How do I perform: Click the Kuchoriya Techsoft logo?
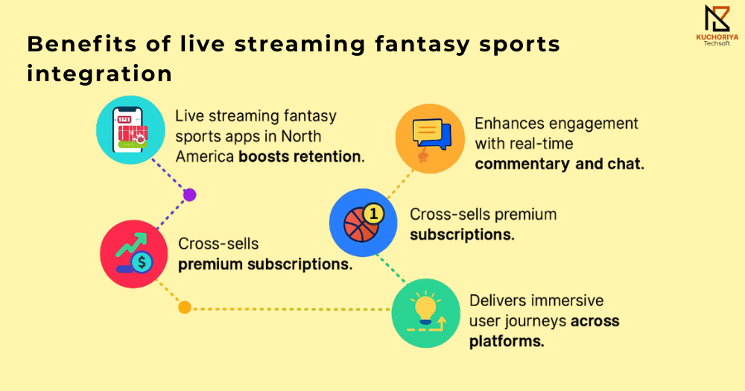click(717, 25)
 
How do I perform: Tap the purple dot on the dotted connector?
click(189, 195)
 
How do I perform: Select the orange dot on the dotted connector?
click(185, 308)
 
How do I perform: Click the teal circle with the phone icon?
click(130, 130)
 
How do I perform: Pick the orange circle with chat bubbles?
click(430, 139)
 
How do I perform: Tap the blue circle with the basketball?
click(364, 223)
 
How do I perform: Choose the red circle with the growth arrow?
click(134, 254)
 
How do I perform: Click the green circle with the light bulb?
click(425, 313)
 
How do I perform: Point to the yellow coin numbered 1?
click(373, 214)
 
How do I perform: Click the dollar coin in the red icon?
click(142, 262)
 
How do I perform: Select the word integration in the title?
click(99, 74)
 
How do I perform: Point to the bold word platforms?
click(507, 341)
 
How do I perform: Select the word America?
click(205, 156)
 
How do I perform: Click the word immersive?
click(566, 300)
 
